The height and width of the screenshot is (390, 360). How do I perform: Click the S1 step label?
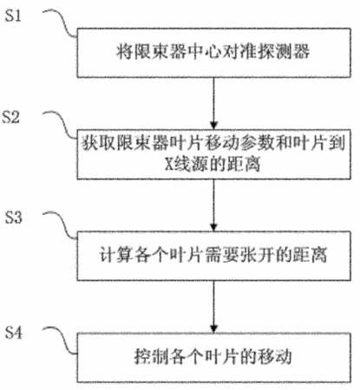pyautogui.click(x=13, y=16)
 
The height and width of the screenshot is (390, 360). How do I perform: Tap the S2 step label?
pyautogui.click(x=11, y=117)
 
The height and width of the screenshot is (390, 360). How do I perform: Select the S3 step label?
pyautogui.click(x=13, y=218)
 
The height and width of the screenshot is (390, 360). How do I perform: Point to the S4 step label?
pyautogui.click(x=13, y=333)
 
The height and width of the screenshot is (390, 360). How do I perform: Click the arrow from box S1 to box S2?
pyautogui.click(x=213, y=103)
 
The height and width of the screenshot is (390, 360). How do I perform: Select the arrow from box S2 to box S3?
pyautogui.click(x=213, y=205)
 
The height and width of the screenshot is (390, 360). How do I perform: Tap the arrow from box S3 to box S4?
pyautogui.click(x=213, y=307)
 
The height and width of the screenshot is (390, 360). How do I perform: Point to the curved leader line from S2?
pyautogui.click(x=61, y=124)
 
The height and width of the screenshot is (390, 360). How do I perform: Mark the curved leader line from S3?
pyautogui.click(x=61, y=225)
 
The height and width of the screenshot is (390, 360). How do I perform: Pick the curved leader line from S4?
pyautogui.click(x=61, y=341)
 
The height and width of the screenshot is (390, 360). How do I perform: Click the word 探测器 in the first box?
pyautogui.click(x=284, y=52)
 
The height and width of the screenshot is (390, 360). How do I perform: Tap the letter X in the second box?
pyautogui.click(x=168, y=164)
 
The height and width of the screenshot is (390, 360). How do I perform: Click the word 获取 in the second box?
pyautogui.click(x=98, y=144)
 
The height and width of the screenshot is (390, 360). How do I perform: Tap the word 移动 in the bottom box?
pyautogui.click(x=274, y=357)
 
